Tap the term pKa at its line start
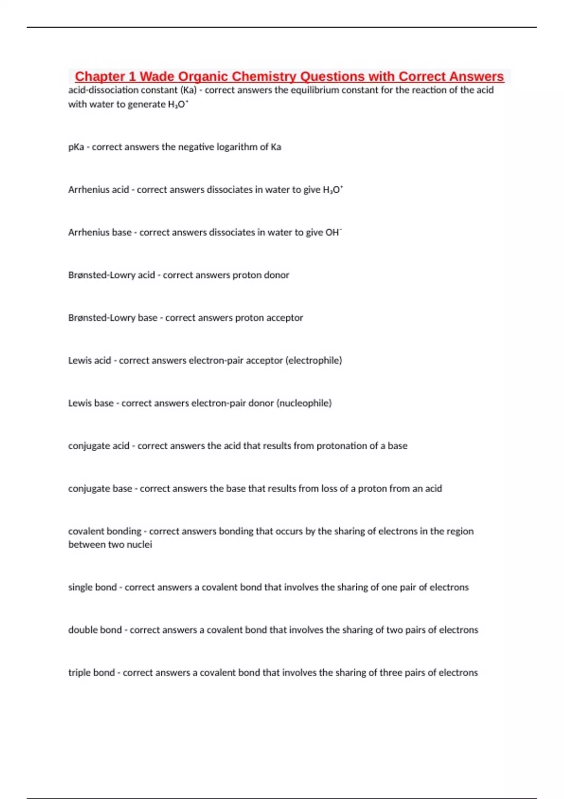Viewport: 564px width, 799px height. point(76,147)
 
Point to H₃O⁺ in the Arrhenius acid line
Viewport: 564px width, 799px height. point(333,190)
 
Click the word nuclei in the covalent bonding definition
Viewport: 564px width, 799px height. point(139,545)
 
